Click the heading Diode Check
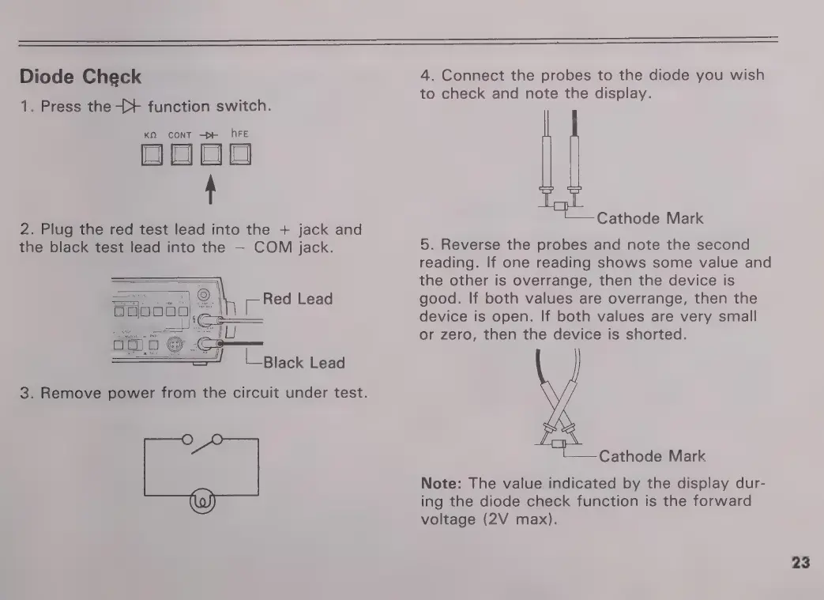point(80,77)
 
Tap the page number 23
point(800,563)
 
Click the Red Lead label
point(298,299)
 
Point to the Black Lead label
point(303,363)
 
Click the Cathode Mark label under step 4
point(649,218)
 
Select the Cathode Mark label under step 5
point(652,456)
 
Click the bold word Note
point(440,483)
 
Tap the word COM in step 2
point(273,247)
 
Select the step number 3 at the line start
point(24,393)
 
